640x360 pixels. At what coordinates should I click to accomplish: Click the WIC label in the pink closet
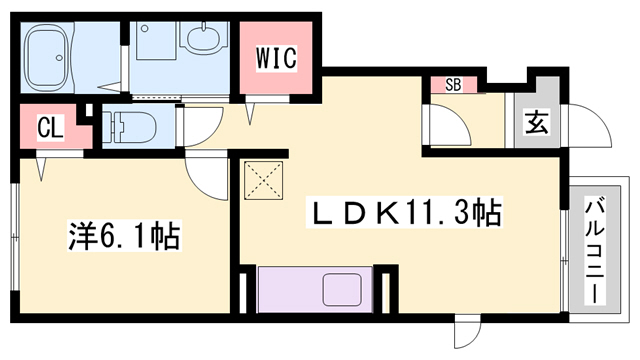tap(277, 59)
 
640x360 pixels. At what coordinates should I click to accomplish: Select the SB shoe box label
tap(452, 85)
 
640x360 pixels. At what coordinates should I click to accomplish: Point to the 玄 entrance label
tap(536, 124)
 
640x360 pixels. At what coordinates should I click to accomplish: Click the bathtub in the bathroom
tap(60, 56)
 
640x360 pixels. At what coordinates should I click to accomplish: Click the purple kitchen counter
tap(314, 289)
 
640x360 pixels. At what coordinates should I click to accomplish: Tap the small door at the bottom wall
tap(464, 331)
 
